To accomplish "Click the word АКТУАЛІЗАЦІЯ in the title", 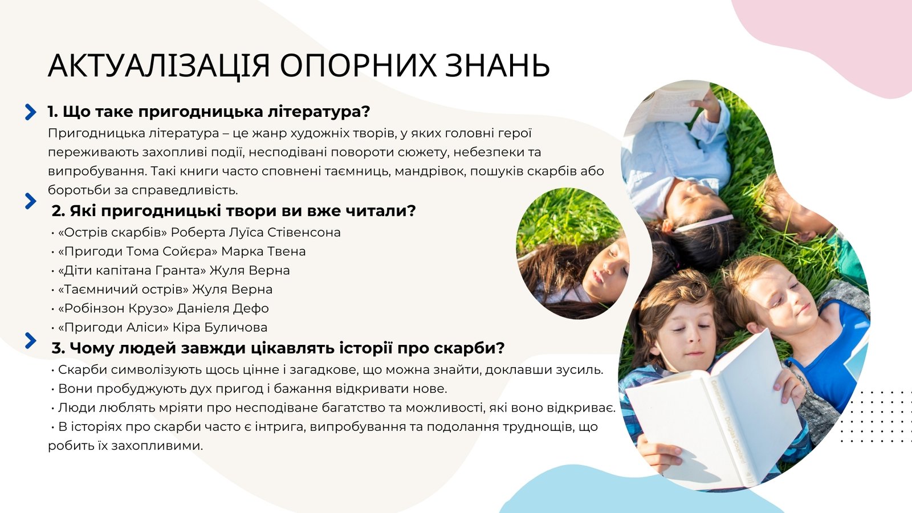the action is coord(159,65).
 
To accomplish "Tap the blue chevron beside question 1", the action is coord(30,112).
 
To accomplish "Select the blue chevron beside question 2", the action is coord(30,201).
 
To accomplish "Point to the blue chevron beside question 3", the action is coord(30,340).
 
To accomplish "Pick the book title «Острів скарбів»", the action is coord(113,233).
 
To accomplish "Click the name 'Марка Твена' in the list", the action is coord(263,251).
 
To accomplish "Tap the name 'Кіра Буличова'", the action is coord(220,327).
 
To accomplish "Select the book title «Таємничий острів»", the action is coord(123,290).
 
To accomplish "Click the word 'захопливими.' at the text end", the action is coord(157,446).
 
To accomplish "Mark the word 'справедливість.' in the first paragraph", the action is coord(185,190).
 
